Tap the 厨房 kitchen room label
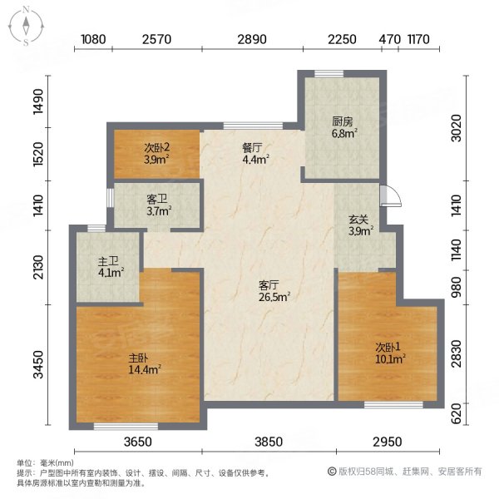pos(343,120)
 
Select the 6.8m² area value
pos(343,131)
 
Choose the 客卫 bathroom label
pos(157,200)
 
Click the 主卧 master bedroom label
pos(137,358)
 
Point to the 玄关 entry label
pos(358,219)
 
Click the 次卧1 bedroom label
pos(388,348)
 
